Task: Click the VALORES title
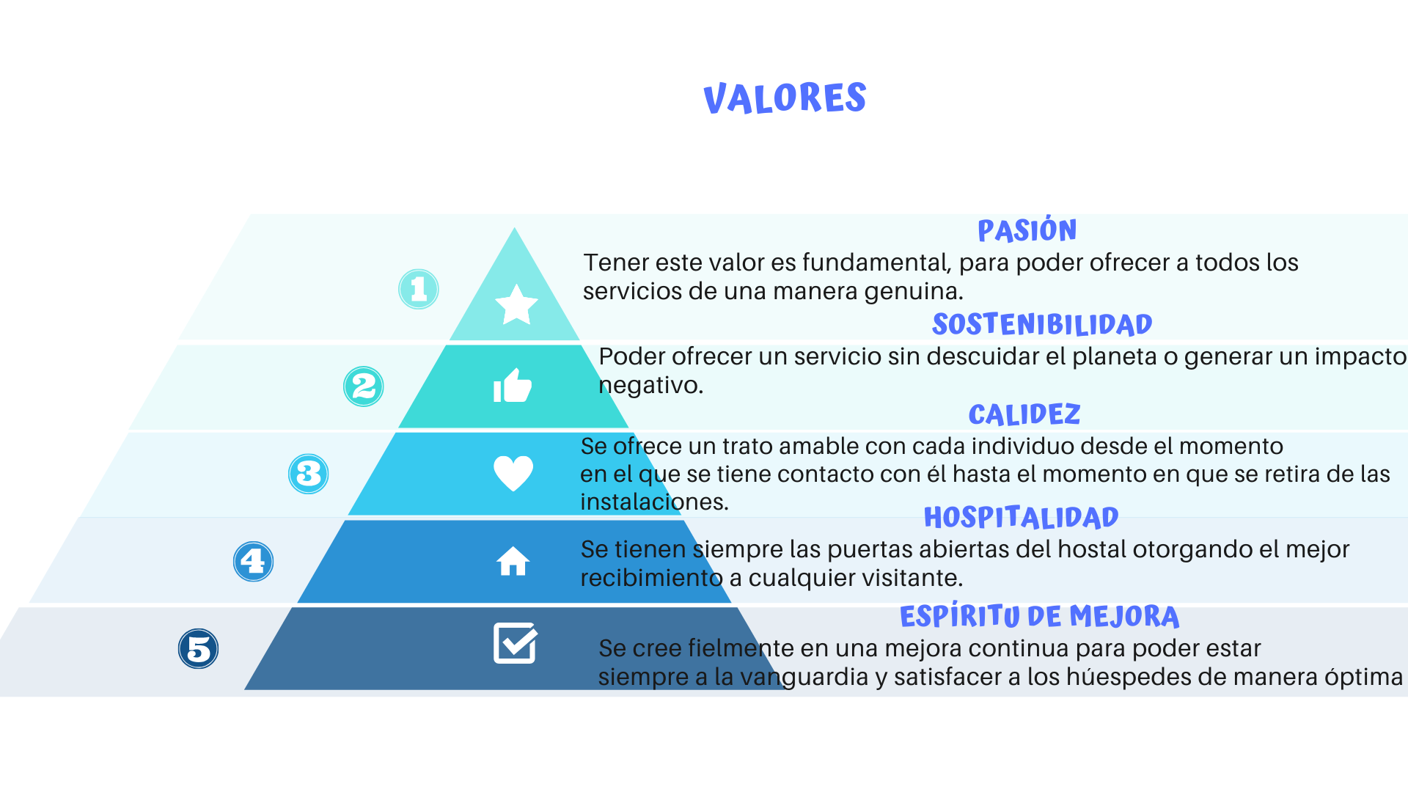point(785,98)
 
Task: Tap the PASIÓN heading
point(1027,230)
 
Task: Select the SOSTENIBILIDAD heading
point(1042,324)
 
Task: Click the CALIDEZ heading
point(1024,414)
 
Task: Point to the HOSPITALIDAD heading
point(1021,517)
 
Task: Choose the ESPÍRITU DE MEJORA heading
point(1039,616)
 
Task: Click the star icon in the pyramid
point(516,304)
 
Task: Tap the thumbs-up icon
point(513,385)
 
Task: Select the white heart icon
point(513,473)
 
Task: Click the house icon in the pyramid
point(513,562)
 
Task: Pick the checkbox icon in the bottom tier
point(516,643)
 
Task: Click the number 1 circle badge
point(419,289)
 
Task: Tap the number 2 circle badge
point(364,386)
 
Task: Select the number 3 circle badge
point(309,474)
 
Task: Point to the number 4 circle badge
point(254,562)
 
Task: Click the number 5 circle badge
point(199,649)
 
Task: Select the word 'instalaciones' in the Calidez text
point(654,502)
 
